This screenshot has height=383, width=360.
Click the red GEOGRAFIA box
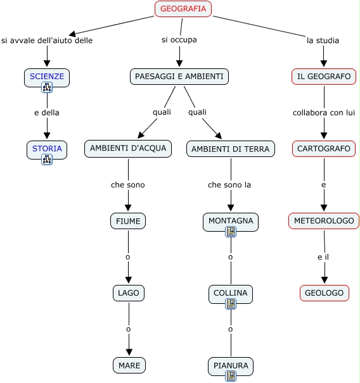(x=183, y=9)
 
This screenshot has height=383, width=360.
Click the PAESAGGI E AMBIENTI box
(x=179, y=77)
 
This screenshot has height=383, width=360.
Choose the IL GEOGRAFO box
(x=324, y=77)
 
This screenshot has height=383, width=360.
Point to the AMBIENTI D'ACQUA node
(x=128, y=149)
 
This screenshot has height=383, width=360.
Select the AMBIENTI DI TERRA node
(x=230, y=149)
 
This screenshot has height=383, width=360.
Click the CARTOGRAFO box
(x=324, y=149)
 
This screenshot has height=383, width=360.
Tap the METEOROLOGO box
(x=324, y=221)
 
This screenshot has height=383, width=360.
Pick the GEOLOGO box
(x=325, y=293)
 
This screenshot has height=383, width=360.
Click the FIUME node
(x=128, y=221)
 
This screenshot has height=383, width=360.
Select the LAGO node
(x=129, y=293)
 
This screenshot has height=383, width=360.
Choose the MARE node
(x=129, y=365)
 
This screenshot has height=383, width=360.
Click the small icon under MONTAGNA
(x=230, y=232)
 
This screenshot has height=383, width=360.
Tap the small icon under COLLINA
(x=230, y=304)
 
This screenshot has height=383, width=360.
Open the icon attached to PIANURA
(x=230, y=376)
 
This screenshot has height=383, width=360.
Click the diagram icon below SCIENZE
(x=47, y=87)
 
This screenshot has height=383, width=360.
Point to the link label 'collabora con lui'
(x=324, y=113)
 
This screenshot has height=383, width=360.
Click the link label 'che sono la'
(x=229, y=185)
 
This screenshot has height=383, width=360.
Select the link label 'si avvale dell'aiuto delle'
(x=47, y=41)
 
